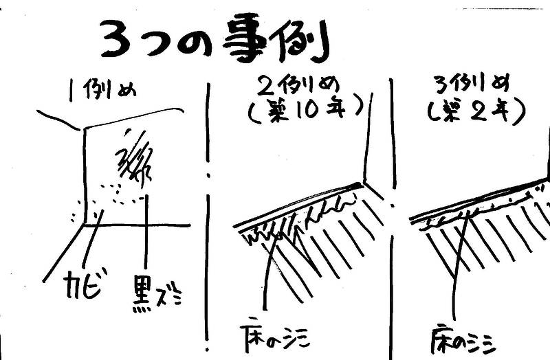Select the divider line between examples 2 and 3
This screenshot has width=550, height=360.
point(393,206)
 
